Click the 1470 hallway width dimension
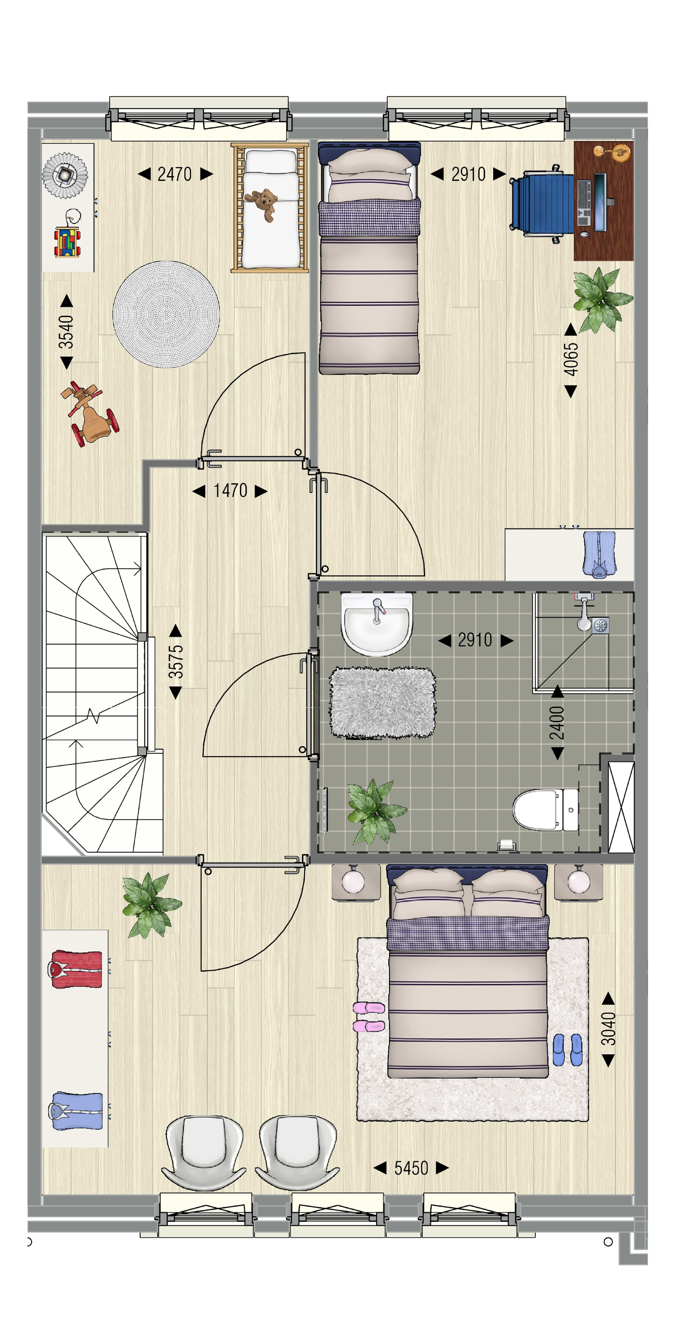click(x=230, y=490)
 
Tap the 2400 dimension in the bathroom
click(x=557, y=722)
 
